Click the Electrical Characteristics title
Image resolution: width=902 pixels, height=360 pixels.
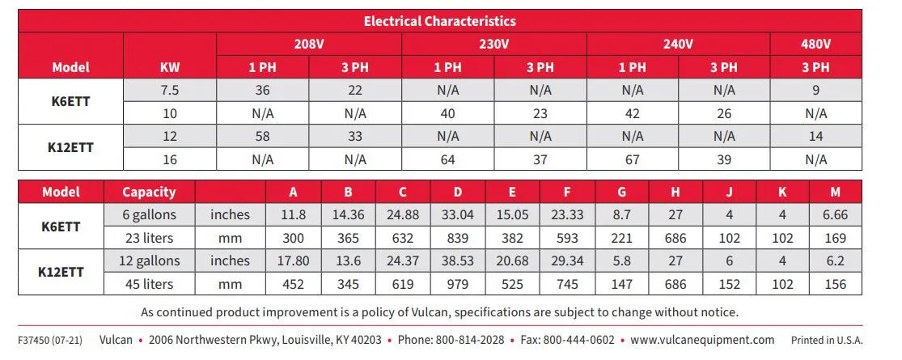(x=439, y=21)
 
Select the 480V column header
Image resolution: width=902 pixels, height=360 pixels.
(x=815, y=44)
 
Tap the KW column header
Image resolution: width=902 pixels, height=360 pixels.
(x=170, y=68)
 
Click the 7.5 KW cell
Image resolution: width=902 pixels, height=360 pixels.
(x=170, y=91)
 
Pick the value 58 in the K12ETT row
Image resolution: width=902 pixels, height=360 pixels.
(x=262, y=137)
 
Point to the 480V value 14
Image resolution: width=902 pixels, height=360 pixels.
(x=815, y=137)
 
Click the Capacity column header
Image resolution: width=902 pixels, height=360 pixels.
(x=149, y=192)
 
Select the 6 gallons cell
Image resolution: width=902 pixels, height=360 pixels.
(x=149, y=215)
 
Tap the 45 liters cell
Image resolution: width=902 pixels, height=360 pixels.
(x=149, y=284)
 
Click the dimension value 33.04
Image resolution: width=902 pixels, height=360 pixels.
(x=458, y=215)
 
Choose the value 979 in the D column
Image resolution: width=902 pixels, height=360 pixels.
(x=458, y=284)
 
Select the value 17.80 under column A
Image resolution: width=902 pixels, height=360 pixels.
(x=293, y=261)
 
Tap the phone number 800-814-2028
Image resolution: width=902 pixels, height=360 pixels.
(x=469, y=340)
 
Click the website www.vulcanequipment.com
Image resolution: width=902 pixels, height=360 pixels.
(x=702, y=340)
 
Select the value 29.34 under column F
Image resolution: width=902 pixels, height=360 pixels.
(x=566, y=261)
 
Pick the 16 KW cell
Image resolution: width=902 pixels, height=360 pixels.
(x=170, y=159)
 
